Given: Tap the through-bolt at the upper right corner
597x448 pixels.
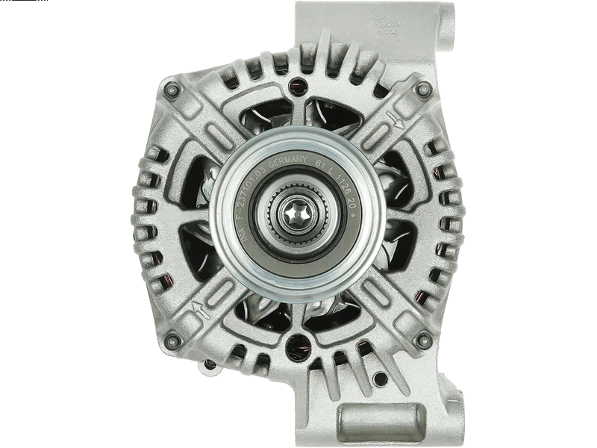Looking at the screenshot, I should tap(423, 90).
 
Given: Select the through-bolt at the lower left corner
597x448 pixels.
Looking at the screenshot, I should tap(173, 340).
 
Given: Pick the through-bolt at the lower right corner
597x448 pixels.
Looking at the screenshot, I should tap(423, 340).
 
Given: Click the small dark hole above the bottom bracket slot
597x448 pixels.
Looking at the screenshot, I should tap(381, 379).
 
